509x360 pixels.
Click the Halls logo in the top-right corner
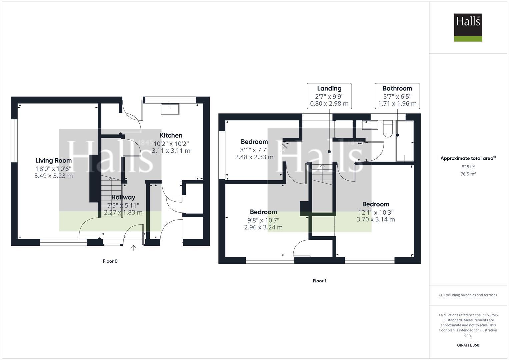pos(468,27)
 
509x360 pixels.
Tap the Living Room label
pos(53,161)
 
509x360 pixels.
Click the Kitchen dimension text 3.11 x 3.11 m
pos(171,151)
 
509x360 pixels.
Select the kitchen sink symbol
pos(170,109)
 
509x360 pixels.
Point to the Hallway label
pos(123,197)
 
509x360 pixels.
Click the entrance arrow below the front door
pos(133,248)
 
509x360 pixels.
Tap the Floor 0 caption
pos(110,261)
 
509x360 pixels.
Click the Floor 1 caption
pos(319,281)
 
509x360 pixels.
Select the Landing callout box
pos(329,96)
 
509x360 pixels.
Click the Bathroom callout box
pos(397,96)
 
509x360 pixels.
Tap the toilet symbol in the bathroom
pos(388,129)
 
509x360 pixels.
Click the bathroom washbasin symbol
pos(370,125)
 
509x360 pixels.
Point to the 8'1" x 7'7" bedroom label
pos(254,142)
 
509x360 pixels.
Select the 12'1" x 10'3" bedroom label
pos(376,204)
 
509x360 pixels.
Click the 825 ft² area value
pos(468,167)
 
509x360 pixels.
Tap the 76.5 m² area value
pos(468,174)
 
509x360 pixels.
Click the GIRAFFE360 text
pos(468,345)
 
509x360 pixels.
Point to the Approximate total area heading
pos(468,158)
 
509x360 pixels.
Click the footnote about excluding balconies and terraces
pos(468,295)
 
